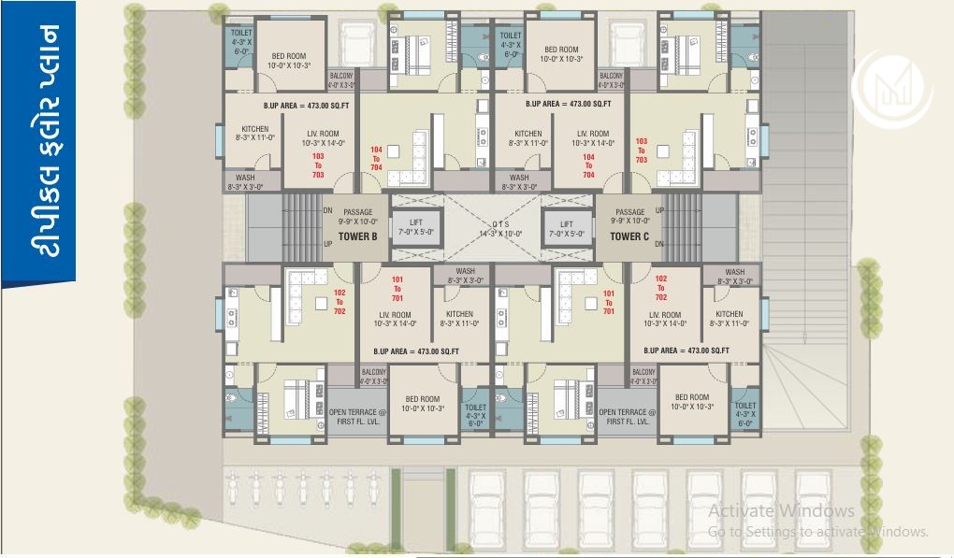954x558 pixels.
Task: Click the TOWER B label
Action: (x=357, y=236)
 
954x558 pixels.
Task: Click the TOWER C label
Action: (x=629, y=236)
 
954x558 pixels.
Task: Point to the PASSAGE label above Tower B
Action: (x=357, y=213)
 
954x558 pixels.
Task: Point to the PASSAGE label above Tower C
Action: (x=629, y=213)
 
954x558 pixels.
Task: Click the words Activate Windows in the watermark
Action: (x=781, y=510)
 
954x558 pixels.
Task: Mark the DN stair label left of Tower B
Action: (x=327, y=210)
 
